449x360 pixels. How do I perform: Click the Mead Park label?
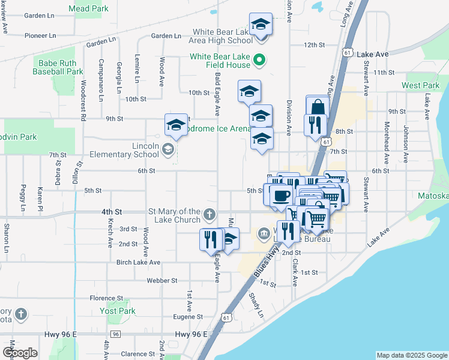[x=88, y=9]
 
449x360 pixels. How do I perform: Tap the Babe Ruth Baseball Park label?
[x=61, y=67]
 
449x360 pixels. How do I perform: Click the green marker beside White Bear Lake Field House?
[x=260, y=59]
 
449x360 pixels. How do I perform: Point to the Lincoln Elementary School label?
[x=132, y=150]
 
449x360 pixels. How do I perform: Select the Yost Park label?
[x=118, y=311]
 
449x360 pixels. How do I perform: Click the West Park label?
[x=421, y=86]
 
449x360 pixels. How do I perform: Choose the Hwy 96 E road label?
[x=194, y=334]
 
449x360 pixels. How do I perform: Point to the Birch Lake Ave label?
[x=138, y=262]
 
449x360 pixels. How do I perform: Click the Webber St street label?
[x=162, y=280]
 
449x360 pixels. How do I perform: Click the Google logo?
[x=19, y=353]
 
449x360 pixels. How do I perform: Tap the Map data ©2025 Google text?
[x=411, y=355]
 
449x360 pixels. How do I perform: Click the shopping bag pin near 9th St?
[x=318, y=107]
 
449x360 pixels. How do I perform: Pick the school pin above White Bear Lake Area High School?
[x=261, y=24]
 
